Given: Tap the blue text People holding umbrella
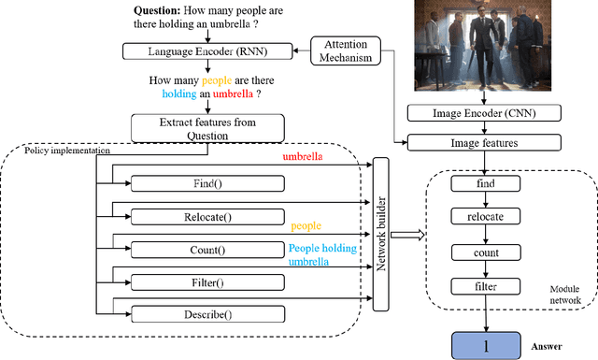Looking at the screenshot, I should pyautogui.click(x=320, y=255).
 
